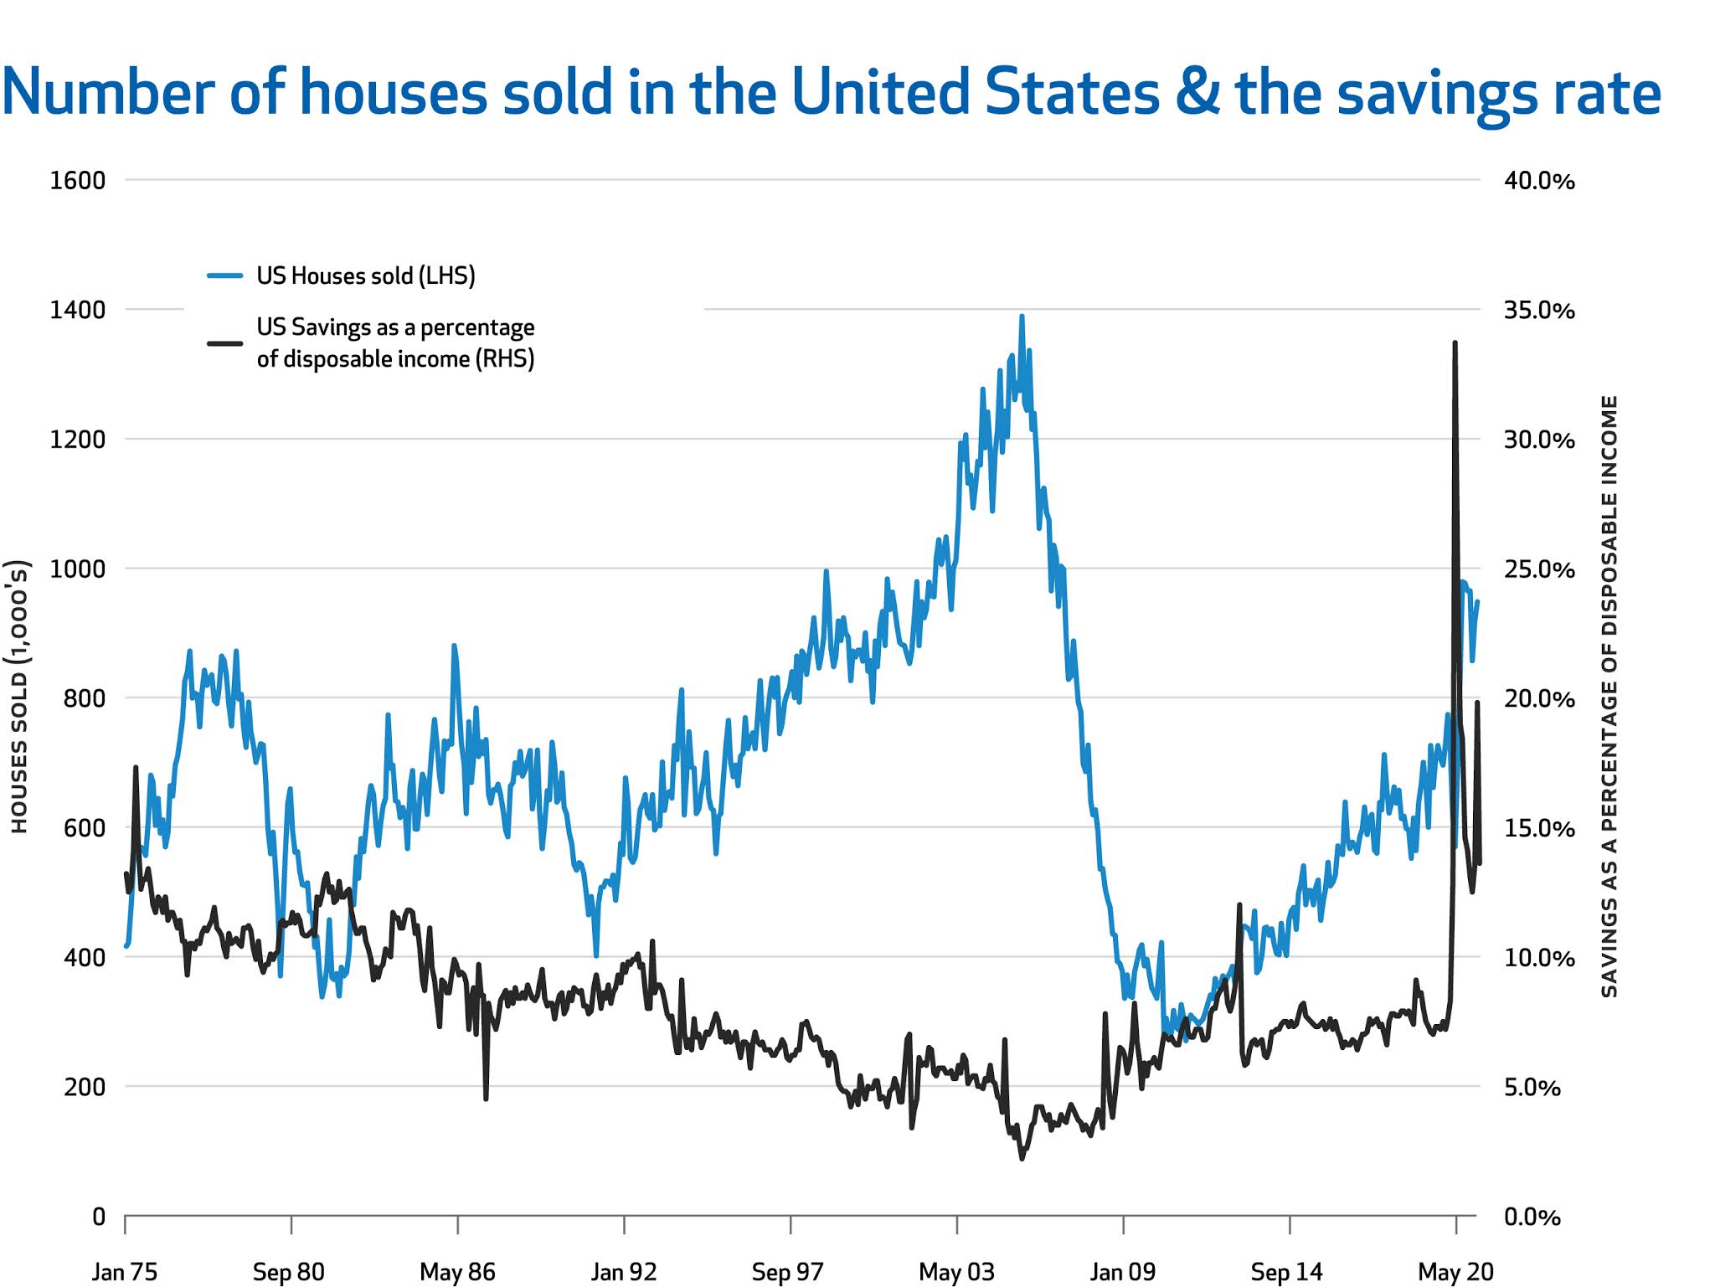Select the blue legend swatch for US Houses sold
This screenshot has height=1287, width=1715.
tap(224, 275)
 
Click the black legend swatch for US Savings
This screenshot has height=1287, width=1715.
tap(224, 343)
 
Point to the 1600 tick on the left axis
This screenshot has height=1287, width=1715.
tap(77, 181)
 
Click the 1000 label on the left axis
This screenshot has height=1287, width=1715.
tap(77, 569)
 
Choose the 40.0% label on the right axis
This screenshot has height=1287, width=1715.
tap(1538, 181)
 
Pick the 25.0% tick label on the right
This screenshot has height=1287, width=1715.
tap(1538, 569)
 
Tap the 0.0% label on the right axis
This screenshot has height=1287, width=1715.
tap(1532, 1217)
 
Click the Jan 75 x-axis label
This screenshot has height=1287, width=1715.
tap(124, 1272)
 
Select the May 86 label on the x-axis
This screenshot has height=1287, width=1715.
tap(457, 1272)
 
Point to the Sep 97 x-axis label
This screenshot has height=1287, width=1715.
tap(787, 1272)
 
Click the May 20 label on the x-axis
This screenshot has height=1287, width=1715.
tap(1455, 1272)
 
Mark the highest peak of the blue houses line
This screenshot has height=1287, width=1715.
tap(1022, 317)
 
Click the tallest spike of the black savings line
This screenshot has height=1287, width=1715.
tap(1455, 343)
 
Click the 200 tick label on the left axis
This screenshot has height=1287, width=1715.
tap(84, 1087)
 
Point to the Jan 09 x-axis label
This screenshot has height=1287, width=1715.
tap(1122, 1272)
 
